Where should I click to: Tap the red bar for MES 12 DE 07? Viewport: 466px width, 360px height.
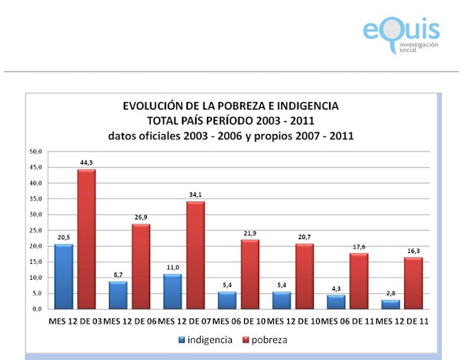pyautogui.click(x=196, y=255)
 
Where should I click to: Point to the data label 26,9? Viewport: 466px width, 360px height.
pyautogui.click(x=141, y=217)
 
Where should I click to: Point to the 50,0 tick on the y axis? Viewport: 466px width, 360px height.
pyautogui.click(x=36, y=152)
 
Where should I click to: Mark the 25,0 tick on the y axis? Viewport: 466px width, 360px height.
pyautogui.click(x=36, y=230)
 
